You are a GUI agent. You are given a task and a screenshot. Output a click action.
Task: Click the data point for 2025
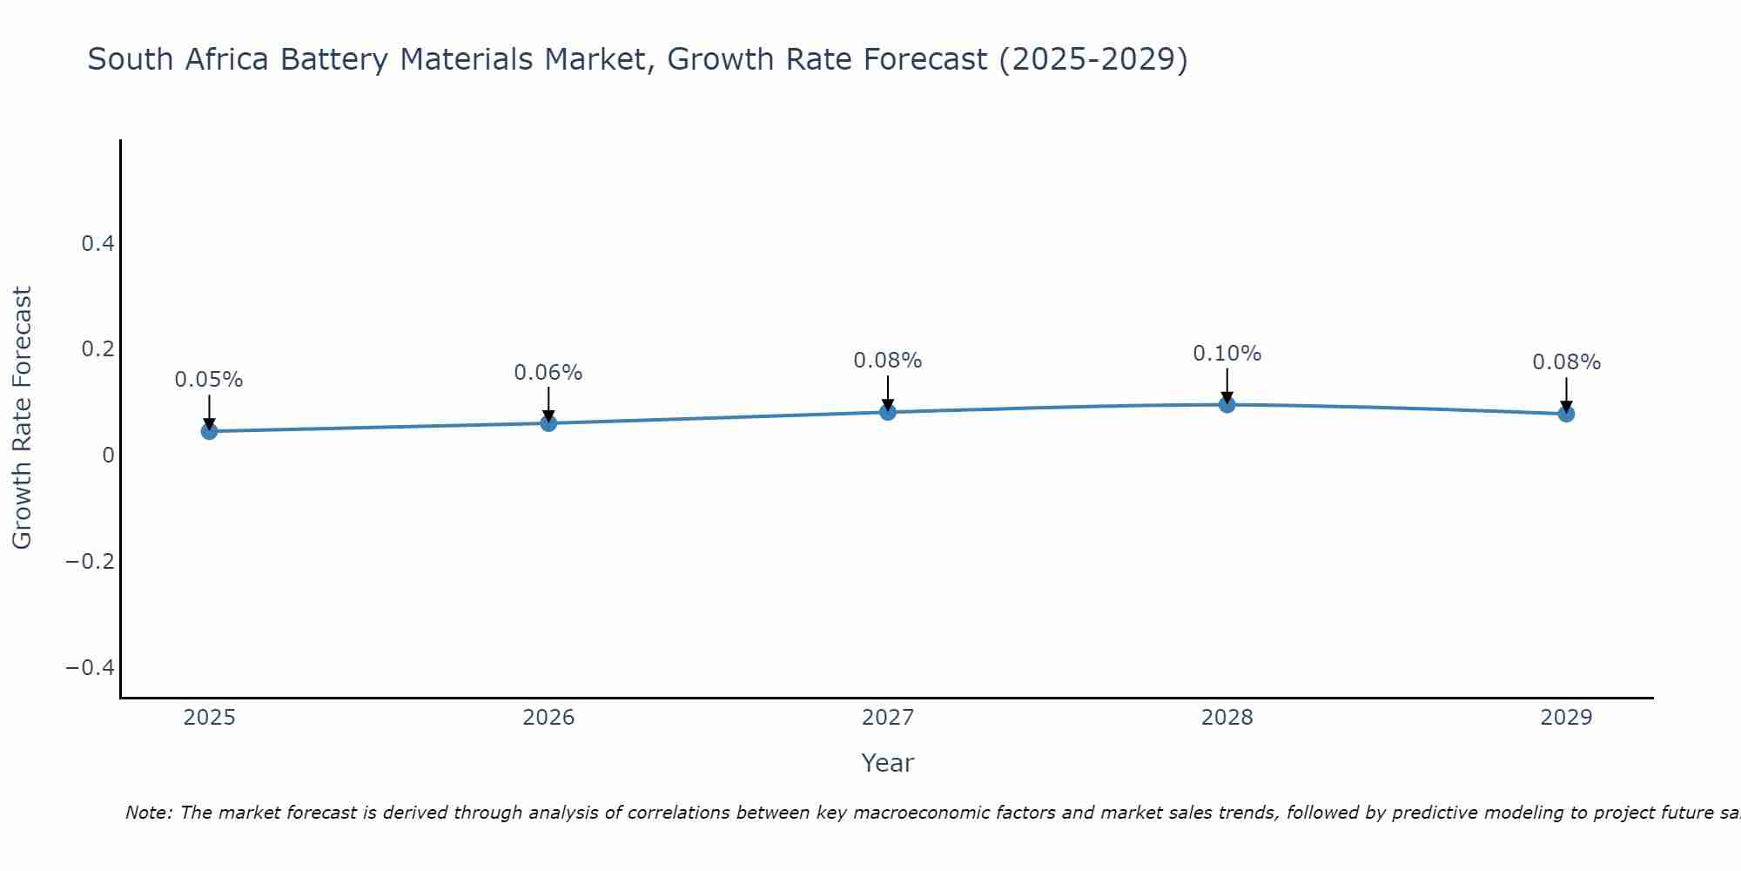209,431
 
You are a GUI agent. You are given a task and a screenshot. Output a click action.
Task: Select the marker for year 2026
548,423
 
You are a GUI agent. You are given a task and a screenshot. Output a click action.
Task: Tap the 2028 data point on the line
1227,404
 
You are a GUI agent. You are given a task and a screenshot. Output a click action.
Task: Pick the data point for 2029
1566,414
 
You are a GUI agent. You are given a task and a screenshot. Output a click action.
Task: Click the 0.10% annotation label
1227,354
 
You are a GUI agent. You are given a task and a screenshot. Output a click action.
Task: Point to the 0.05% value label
209,380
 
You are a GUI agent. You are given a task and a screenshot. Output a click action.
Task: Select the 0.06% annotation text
548,373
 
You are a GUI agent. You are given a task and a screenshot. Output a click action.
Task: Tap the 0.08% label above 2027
887,361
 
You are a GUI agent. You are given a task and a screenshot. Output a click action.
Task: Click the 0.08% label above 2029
1566,362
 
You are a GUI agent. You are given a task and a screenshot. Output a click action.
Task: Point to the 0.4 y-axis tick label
97,244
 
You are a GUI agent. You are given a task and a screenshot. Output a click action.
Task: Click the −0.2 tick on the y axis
90,562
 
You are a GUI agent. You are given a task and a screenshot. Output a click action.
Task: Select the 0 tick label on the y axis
108,456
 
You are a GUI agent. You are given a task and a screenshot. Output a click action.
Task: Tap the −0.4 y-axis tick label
90,668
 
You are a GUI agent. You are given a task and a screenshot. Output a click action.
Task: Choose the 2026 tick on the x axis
548,718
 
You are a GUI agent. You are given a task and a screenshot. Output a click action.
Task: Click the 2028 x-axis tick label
1227,718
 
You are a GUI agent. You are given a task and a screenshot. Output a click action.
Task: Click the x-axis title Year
887,763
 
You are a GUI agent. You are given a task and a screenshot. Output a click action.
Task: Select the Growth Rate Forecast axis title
22,418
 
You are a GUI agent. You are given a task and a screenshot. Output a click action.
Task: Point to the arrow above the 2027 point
887,394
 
